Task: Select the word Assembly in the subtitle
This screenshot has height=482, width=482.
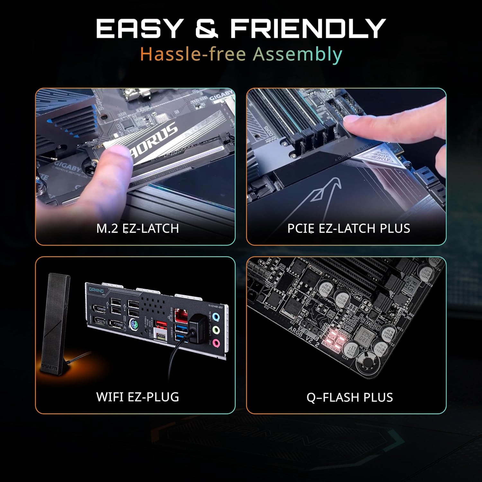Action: tap(297, 54)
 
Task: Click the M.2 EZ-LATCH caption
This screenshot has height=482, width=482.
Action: tap(138, 228)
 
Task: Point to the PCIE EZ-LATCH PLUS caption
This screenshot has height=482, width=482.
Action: tap(349, 228)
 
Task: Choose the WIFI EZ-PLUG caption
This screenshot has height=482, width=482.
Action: tap(138, 397)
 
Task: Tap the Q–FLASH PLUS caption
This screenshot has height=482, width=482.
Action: tap(350, 397)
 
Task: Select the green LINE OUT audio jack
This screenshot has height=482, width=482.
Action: tap(217, 330)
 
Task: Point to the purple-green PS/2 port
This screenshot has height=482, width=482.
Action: tap(134, 324)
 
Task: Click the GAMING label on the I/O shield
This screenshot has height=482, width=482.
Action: tap(96, 290)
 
